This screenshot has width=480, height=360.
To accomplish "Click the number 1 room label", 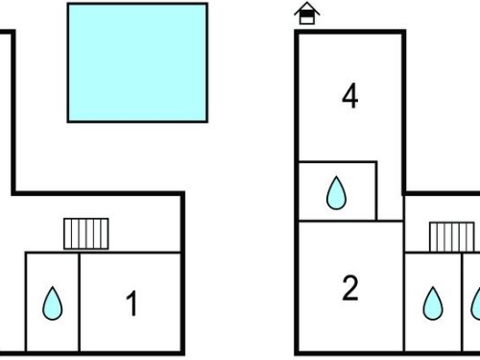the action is (132, 303).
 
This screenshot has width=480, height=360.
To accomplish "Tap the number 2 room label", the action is (350, 288).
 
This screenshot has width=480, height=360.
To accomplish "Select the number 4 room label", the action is (350, 96).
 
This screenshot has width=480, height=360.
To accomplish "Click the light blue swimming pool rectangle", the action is (137, 62).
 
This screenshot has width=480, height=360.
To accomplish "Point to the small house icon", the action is (307, 13).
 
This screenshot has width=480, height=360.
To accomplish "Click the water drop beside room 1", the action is (53, 303).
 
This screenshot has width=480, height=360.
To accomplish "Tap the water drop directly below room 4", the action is (336, 193).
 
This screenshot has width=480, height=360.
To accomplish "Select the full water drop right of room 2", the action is (433, 303).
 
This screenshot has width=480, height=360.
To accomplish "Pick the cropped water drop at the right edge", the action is (476, 303).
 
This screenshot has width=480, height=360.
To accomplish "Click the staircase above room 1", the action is (86, 233).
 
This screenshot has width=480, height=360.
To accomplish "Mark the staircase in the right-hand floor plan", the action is (452, 237).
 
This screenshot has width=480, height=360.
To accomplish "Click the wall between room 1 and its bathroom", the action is (79, 302).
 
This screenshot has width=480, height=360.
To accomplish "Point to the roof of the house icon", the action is (307, 8).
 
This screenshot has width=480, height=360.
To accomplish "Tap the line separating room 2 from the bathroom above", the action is (350, 221).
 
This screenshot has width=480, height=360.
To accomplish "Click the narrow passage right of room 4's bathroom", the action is (390, 192).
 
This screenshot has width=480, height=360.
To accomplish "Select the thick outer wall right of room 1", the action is (182, 274).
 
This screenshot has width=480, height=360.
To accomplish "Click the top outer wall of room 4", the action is (350, 32).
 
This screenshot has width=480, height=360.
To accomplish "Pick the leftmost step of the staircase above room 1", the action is (67, 233).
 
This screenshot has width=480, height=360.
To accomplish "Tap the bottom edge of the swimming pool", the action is (137, 121).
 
